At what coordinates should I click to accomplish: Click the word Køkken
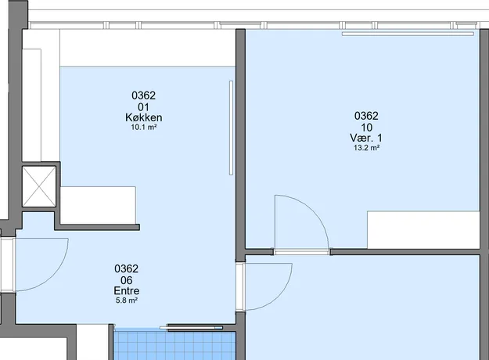point(144,117)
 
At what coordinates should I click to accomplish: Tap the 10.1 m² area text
point(144,128)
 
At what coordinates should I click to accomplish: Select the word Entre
point(126,291)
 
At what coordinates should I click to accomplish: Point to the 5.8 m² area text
point(127,301)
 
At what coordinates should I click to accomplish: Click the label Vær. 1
point(366,138)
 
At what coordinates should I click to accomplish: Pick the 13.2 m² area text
point(366,148)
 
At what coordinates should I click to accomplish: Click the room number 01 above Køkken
point(143,107)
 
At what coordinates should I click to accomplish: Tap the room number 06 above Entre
point(126,280)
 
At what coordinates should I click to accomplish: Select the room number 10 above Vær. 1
point(367,128)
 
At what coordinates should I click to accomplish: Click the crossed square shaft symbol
point(39,186)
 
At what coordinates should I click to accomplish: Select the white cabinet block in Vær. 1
point(423,230)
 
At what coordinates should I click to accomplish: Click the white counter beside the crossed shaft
point(98,205)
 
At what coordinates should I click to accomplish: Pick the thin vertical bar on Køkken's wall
point(231,128)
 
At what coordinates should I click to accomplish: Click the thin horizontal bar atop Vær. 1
point(408,34)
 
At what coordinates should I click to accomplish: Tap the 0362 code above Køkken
point(143,95)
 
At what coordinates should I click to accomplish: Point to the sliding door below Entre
point(192,328)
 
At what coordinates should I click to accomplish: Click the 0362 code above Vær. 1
point(366,116)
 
